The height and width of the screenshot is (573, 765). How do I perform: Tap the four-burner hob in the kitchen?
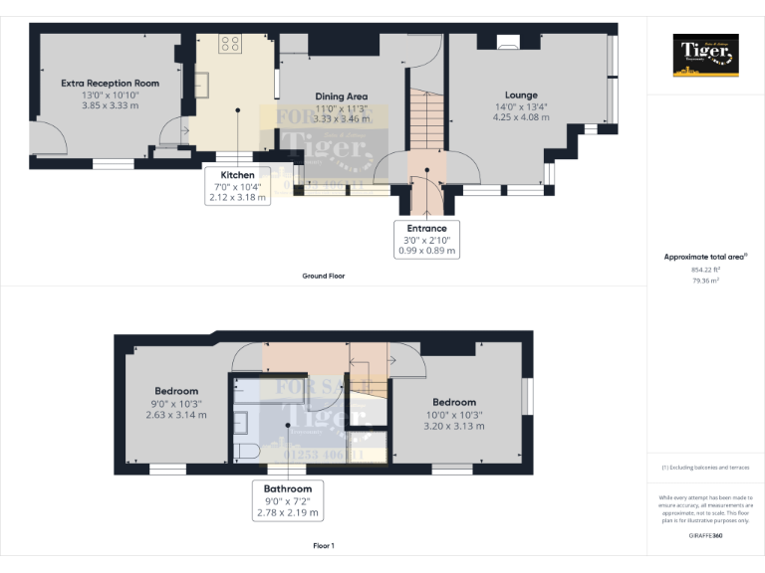(230, 43)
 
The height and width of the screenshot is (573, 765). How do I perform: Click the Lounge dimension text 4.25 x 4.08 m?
(522, 117)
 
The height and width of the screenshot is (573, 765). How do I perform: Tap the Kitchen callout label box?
(237, 185)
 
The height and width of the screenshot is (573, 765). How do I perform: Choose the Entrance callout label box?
(426, 240)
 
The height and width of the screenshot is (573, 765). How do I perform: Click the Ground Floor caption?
(325, 276)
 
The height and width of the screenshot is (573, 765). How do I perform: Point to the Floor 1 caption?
(323, 545)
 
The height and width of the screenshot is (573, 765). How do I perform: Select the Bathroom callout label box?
(288, 500)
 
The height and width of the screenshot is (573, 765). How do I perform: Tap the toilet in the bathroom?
(244, 452)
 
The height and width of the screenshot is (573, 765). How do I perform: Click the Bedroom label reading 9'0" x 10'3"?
(176, 403)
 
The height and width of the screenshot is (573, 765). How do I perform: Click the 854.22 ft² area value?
(705, 270)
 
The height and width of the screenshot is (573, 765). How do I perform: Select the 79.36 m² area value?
(705, 281)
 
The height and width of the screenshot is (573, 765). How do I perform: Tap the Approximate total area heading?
(705, 257)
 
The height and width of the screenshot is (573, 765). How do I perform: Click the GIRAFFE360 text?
(705, 536)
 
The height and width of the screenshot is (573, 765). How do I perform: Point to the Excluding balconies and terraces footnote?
(705, 467)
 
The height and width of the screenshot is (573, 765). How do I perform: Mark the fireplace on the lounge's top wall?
(508, 41)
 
